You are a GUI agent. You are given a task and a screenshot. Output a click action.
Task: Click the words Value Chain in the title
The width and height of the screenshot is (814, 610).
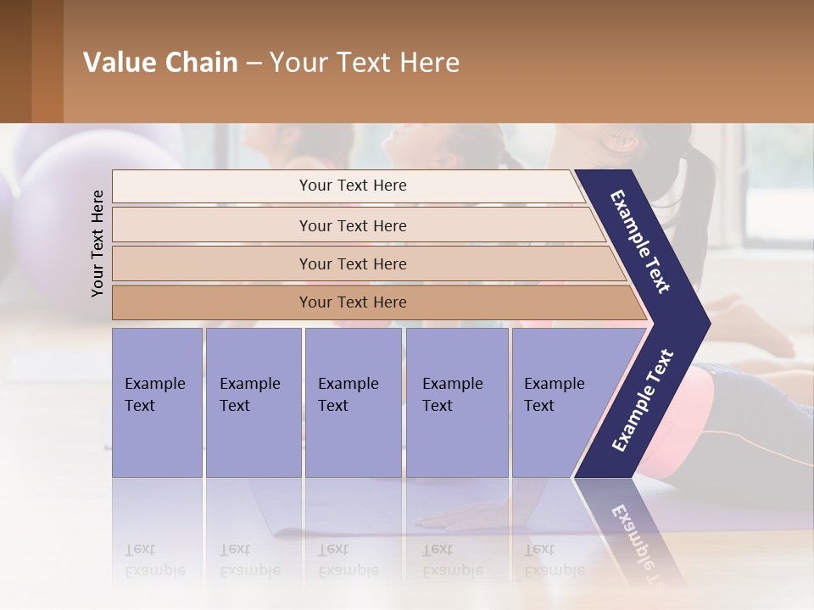click(160, 63)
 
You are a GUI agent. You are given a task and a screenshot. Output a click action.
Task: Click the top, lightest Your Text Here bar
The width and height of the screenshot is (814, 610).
click(352, 186)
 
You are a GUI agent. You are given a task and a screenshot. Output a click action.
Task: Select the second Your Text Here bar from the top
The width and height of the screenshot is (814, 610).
click(352, 225)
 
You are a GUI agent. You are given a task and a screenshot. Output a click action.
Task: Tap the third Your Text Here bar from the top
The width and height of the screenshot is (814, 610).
click(352, 263)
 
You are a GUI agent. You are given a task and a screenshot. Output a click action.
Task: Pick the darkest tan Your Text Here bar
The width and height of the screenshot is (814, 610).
click(352, 302)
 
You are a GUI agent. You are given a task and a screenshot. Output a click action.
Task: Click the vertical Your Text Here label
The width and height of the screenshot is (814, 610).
click(98, 243)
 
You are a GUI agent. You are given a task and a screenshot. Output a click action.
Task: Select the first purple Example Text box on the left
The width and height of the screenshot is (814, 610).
click(157, 402)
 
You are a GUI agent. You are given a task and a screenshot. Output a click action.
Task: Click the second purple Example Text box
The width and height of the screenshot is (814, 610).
click(253, 402)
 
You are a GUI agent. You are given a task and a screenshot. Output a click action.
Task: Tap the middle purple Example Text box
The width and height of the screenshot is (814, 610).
click(353, 402)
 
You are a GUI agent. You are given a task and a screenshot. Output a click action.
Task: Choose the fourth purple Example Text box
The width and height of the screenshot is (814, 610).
click(456, 402)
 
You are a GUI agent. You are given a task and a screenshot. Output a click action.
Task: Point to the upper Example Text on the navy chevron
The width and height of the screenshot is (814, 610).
click(640, 241)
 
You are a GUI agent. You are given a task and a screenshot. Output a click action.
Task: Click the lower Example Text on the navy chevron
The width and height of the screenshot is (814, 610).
click(643, 400)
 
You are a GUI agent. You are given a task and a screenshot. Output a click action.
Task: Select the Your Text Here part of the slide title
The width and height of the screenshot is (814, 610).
click(365, 63)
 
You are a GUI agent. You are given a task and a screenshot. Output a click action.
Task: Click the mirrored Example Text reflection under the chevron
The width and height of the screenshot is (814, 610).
click(640, 542)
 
